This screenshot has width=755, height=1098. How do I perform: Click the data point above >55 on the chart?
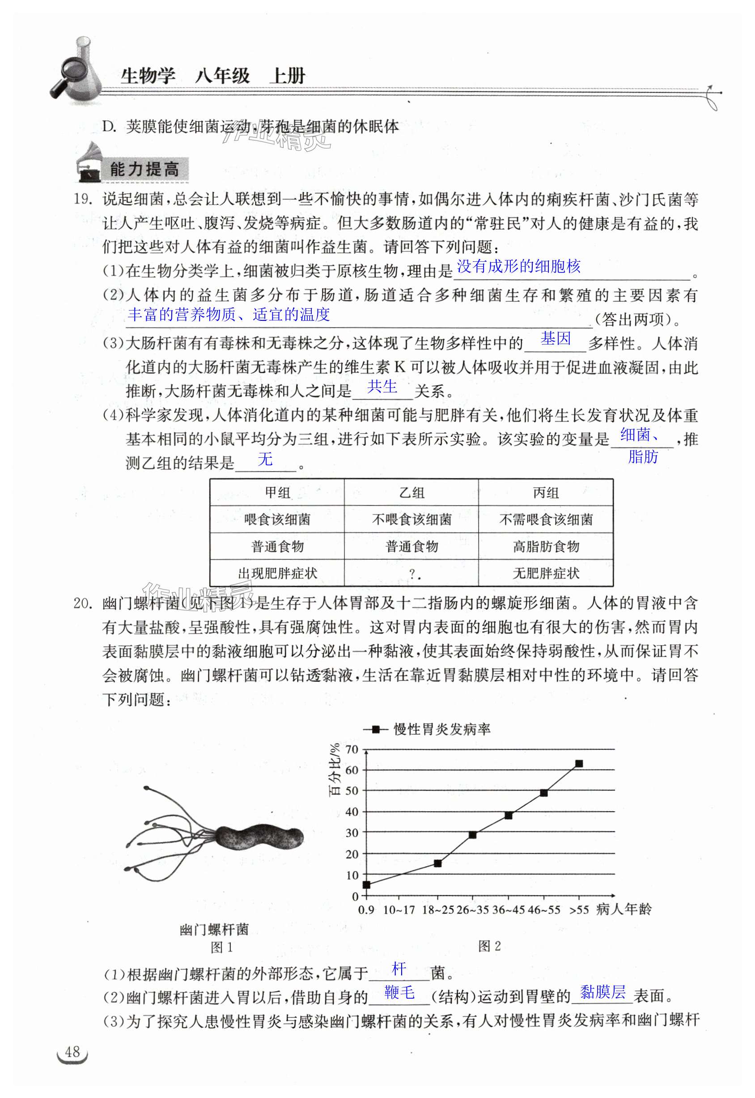pyautogui.click(x=578, y=763)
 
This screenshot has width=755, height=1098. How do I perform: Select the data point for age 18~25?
pyautogui.click(x=437, y=863)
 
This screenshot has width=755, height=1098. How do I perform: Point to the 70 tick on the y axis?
pyautogui.click(x=352, y=749)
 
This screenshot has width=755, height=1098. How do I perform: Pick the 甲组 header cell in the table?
pyautogui.click(x=277, y=493)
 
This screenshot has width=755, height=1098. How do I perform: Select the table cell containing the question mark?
pyautogui.click(x=411, y=574)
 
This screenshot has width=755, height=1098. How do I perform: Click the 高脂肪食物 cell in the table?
pyautogui.click(x=546, y=547)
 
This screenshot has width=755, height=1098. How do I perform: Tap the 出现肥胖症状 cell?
pyautogui.click(x=277, y=574)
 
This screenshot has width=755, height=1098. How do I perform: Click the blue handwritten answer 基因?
pyautogui.click(x=556, y=339)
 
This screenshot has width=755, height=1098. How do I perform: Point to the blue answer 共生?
pyautogui.click(x=382, y=387)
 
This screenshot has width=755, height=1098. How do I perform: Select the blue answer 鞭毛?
pyautogui.click(x=400, y=992)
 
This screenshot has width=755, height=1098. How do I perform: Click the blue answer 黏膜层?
pyautogui.click(x=602, y=992)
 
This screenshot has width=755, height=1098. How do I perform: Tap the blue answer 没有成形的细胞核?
pyautogui.click(x=518, y=267)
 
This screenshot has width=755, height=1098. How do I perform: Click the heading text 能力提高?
pyautogui.click(x=144, y=169)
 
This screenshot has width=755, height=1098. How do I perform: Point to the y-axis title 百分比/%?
pyautogui.click(x=335, y=770)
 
